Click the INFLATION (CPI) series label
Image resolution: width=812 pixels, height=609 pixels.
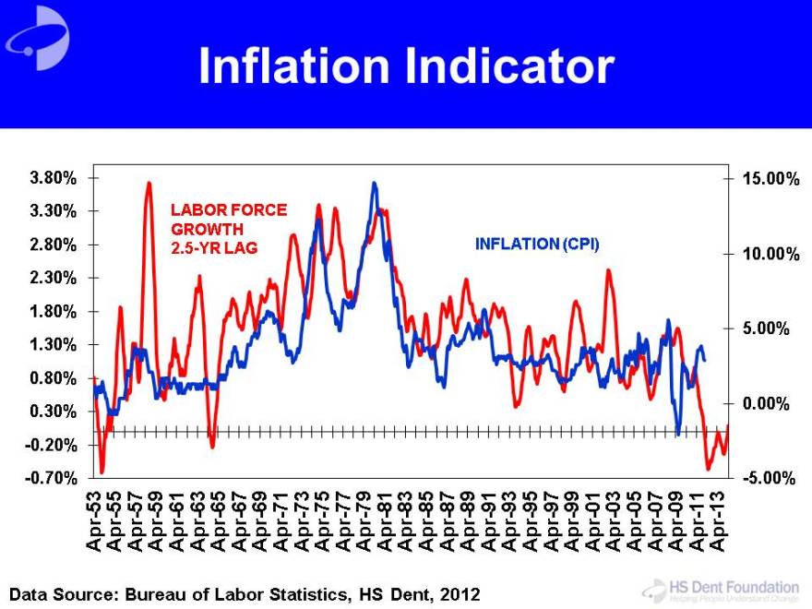pos(537,245)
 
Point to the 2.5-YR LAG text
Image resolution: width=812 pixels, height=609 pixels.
pos(214,247)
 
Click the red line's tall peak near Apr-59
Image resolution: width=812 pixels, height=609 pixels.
pos(149,184)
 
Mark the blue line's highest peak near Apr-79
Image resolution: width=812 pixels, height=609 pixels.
pos(374,184)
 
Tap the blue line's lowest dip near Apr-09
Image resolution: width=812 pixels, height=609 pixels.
pos(677,434)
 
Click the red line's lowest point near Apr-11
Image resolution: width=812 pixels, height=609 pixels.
pos(709,469)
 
